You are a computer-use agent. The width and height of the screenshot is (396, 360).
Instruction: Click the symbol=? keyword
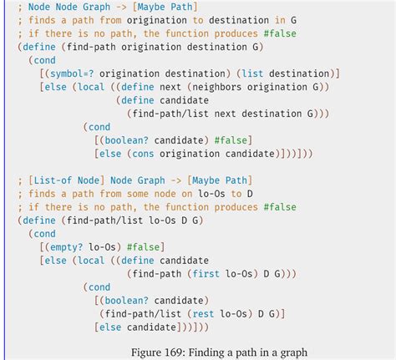coord(72,74)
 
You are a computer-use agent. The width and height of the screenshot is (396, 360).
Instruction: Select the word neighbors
coord(216,87)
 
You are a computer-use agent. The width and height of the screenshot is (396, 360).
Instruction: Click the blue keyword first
coord(206,274)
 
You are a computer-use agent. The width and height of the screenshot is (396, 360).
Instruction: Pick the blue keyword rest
coord(203,314)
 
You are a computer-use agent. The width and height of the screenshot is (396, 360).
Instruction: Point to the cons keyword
coord(143,154)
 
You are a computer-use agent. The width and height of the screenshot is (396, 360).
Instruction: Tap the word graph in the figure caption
coord(294,353)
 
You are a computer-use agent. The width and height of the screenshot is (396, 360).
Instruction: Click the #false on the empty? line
coord(143,247)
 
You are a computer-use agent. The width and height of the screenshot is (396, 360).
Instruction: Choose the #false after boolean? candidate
coord(231,140)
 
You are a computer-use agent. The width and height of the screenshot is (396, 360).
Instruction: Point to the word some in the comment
coord(138,194)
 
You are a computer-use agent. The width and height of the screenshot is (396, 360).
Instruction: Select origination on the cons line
coord(190,154)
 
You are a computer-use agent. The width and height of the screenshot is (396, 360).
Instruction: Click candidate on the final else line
coord(151,327)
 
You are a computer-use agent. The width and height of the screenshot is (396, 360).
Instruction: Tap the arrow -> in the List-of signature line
coord(175,180)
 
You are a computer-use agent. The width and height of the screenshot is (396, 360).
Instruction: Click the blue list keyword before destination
coord(252,74)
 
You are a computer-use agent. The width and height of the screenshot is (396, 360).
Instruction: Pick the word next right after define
coord(170,87)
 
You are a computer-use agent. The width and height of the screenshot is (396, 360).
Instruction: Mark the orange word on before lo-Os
coord(186,194)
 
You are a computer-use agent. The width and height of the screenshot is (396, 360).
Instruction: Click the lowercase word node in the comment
coord(165,194)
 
